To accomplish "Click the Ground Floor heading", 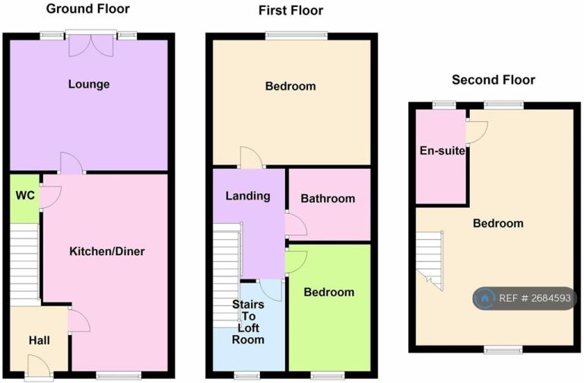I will click(x=88, y=9).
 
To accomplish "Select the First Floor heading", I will click(x=290, y=11).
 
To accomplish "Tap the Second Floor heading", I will click(x=493, y=80).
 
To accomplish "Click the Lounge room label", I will click(x=88, y=85).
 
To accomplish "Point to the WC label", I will click(x=25, y=196).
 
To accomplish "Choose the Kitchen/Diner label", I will click(x=107, y=251).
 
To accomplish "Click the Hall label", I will click(x=40, y=340).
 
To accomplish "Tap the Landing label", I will click(x=248, y=196).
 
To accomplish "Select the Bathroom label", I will click(x=328, y=199).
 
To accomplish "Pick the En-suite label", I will click(x=442, y=151).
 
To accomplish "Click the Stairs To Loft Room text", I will click(x=248, y=322).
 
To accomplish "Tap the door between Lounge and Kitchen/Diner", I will click(x=71, y=162).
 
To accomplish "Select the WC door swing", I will click(x=50, y=196).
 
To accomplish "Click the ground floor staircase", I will click(x=24, y=263).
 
